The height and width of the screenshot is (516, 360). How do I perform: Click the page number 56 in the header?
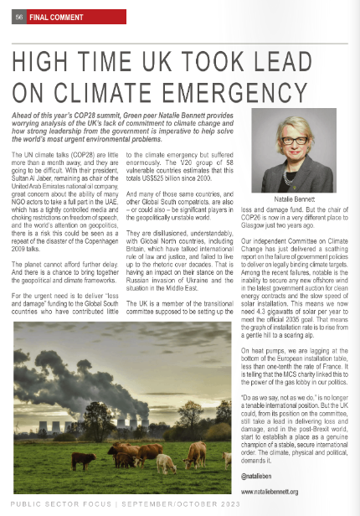(17, 18)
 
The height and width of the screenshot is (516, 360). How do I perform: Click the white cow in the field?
(196, 456)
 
